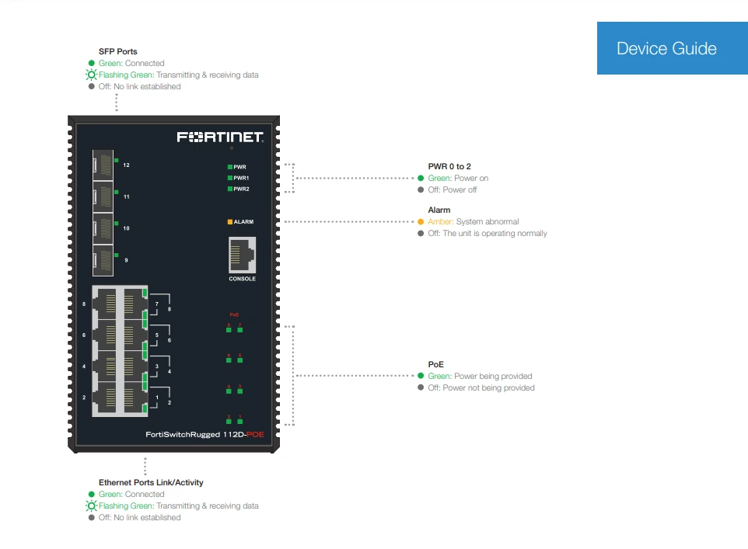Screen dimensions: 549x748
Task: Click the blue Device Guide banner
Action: pos(666,48)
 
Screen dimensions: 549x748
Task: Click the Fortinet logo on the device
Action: pos(220,137)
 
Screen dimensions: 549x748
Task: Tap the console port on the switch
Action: pos(243,255)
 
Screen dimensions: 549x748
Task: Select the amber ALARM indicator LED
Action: pos(229,222)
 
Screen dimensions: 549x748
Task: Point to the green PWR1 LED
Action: pos(229,178)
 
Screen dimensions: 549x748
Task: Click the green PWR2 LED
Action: pos(229,189)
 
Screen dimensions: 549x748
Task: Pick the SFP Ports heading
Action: pos(118,51)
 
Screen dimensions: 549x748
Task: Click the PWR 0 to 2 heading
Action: pos(449,166)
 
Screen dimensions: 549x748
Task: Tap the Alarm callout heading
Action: pos(439,210)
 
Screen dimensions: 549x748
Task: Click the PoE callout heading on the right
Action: pos(435,364)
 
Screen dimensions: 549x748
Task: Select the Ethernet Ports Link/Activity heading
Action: pos(151,482)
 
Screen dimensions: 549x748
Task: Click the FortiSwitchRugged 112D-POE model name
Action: pos(205,435)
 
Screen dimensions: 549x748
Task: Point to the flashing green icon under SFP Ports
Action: pos(92,75)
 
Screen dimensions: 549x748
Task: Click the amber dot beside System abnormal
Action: pos(421,222)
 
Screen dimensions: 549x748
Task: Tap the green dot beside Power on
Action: pos(421,179)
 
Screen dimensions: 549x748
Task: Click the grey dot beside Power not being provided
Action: pos(421,387)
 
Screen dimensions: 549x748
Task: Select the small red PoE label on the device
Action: pos(234,314)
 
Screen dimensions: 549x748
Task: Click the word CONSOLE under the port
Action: pos(242,279)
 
